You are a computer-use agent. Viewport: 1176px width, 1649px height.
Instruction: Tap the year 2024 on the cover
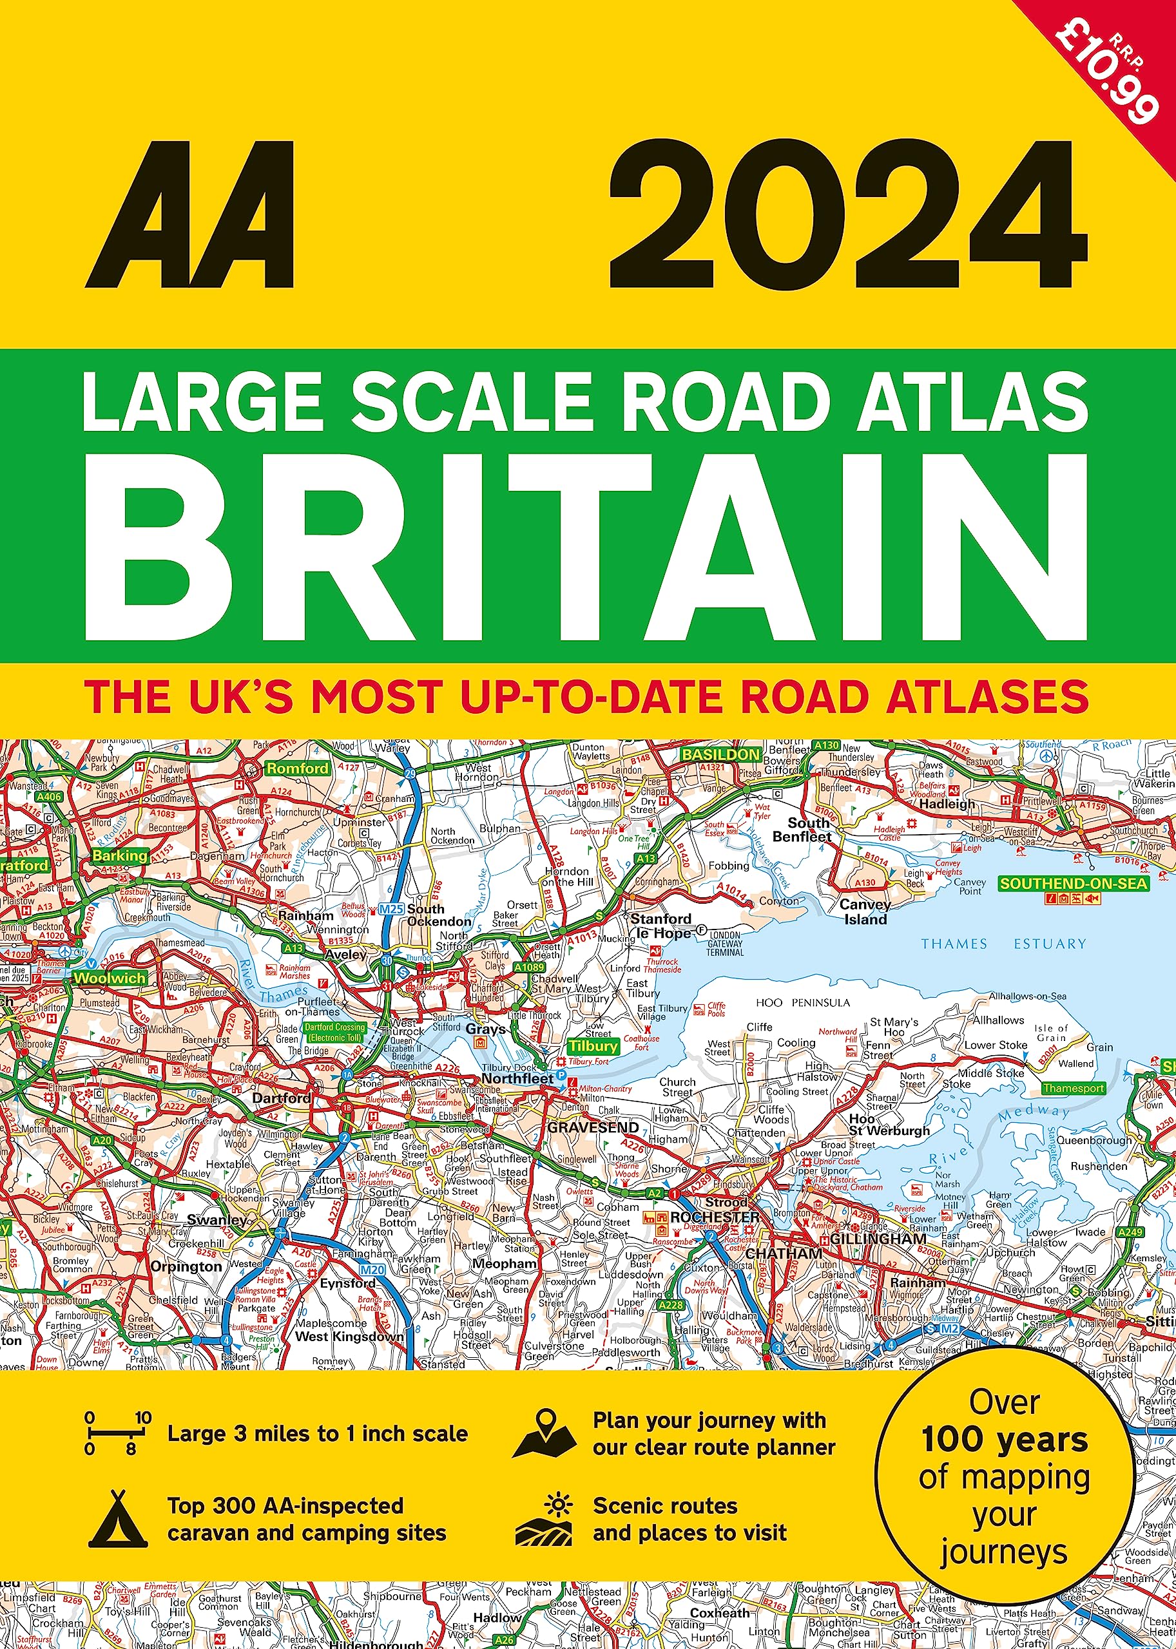click(848, 214)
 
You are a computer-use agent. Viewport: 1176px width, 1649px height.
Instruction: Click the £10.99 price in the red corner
click(1104, 80)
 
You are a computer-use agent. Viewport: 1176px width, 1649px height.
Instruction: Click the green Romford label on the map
click(298, 768)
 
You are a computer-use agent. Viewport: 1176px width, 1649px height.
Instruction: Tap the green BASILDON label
click(721, 754)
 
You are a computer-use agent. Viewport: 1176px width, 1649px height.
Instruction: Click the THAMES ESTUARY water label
click(1003, 944)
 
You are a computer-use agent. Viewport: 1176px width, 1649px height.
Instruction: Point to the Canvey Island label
click(865, 912)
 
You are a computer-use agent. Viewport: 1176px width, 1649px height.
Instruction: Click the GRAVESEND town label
click(593, 1127)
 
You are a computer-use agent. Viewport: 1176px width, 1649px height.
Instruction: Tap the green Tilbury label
click(592, 1046)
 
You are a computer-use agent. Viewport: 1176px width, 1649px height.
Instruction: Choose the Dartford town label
click(282, 1098)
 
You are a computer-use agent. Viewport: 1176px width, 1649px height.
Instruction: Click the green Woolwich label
click(110, 978)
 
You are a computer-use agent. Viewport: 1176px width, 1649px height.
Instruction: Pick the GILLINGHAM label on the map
click(878, 1239)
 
